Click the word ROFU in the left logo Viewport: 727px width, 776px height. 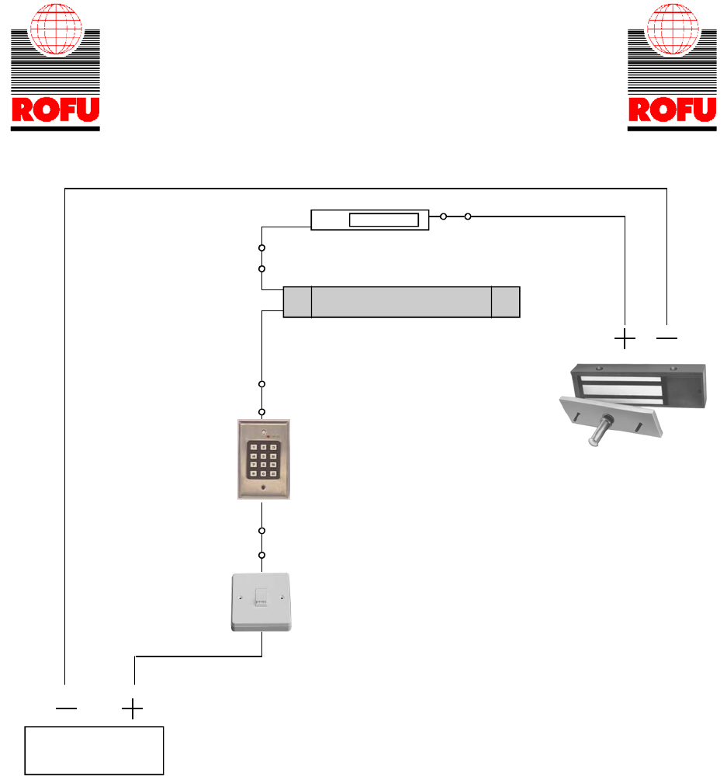55,111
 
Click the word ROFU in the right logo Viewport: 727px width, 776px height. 672,111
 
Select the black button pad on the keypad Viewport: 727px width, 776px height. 263,459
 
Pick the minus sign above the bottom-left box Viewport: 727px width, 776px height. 67,709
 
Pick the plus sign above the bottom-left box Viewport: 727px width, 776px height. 133,709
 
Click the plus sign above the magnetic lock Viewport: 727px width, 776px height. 625,338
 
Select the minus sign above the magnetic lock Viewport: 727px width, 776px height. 666,338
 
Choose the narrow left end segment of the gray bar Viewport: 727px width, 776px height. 297,302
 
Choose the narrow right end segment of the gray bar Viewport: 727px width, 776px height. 506,302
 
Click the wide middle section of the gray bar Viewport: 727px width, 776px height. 401,302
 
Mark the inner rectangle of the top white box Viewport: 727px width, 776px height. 384,220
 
